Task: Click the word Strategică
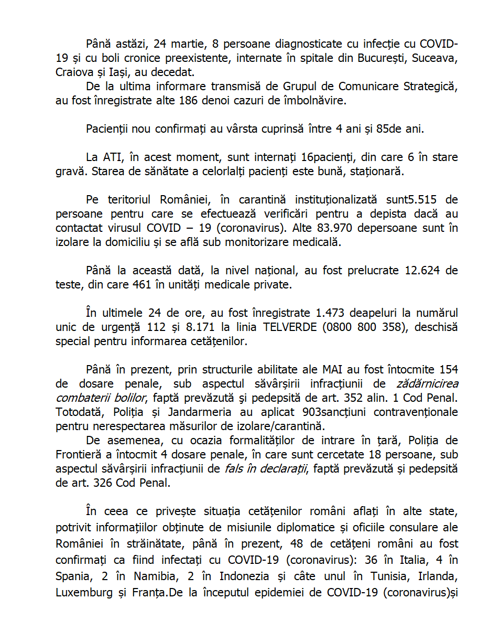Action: coord(429,86)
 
